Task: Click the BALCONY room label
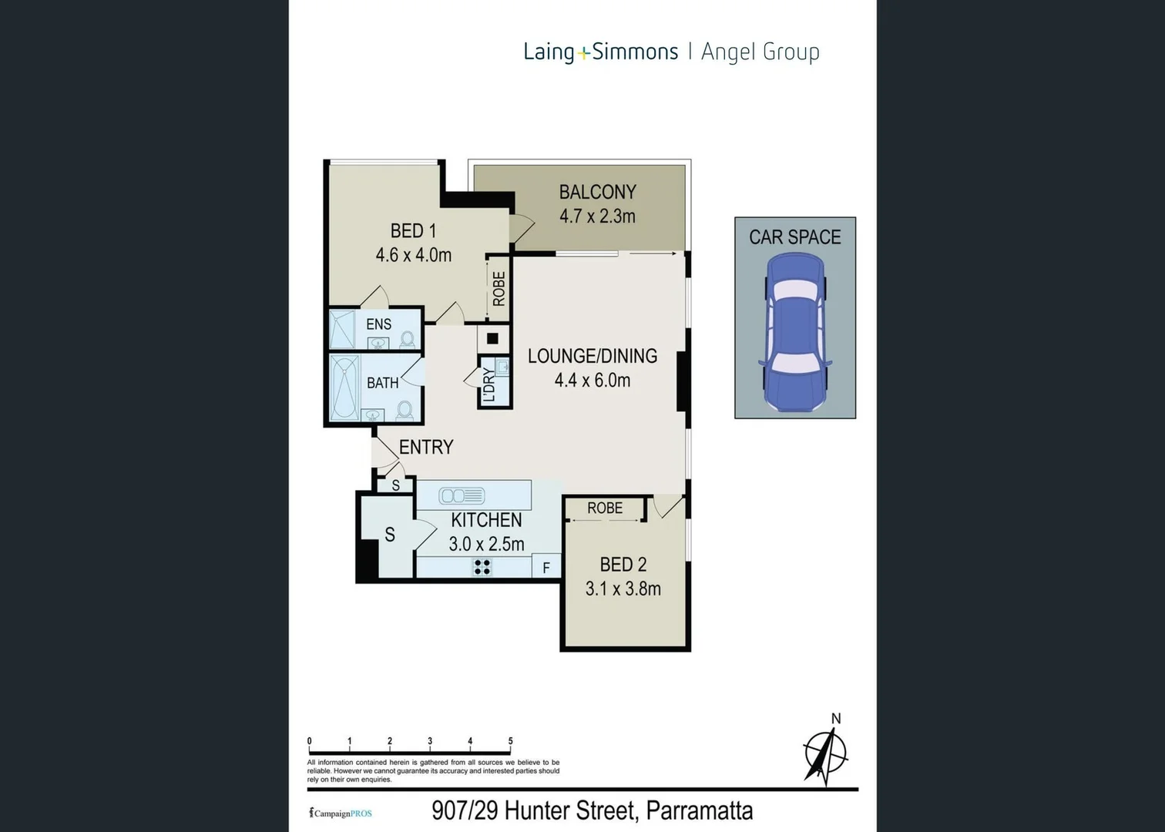click(598, 193)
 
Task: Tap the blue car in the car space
click(794, 332)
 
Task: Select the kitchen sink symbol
click(462, 496)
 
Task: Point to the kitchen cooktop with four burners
click(482, 567)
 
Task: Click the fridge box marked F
click(546, 565)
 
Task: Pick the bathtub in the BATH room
click(344, 387)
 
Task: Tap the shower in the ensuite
click(342, 329)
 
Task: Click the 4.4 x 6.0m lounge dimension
click(593, 381)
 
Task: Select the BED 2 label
click(623, 565)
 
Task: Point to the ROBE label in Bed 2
click(605, 508)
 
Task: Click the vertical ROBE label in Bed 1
click(499, 289)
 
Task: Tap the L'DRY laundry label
click(488, 385)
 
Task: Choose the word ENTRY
click(427, 447)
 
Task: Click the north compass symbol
click(826, 753)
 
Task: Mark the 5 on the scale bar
click(511, 740)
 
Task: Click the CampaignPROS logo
click(341, 814)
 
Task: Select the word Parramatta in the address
click(700, 810)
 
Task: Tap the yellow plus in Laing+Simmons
click(583, 53)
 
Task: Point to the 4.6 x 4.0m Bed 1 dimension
click(414, 255)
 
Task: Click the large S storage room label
click(390, 535)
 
